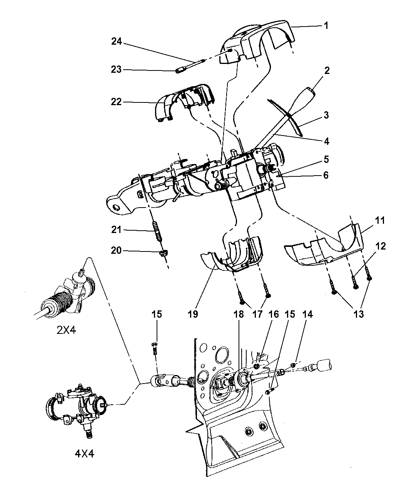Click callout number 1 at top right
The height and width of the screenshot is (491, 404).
click(326, 26)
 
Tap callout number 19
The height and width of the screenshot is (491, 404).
click(193, 314)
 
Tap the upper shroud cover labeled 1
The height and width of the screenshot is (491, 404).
click(262, 39)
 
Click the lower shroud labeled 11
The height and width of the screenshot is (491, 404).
click(323, 250)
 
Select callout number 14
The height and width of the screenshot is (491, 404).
click(307, 314)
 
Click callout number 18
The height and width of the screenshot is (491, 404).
click(238, 314)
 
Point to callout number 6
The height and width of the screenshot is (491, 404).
click(326, 175)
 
